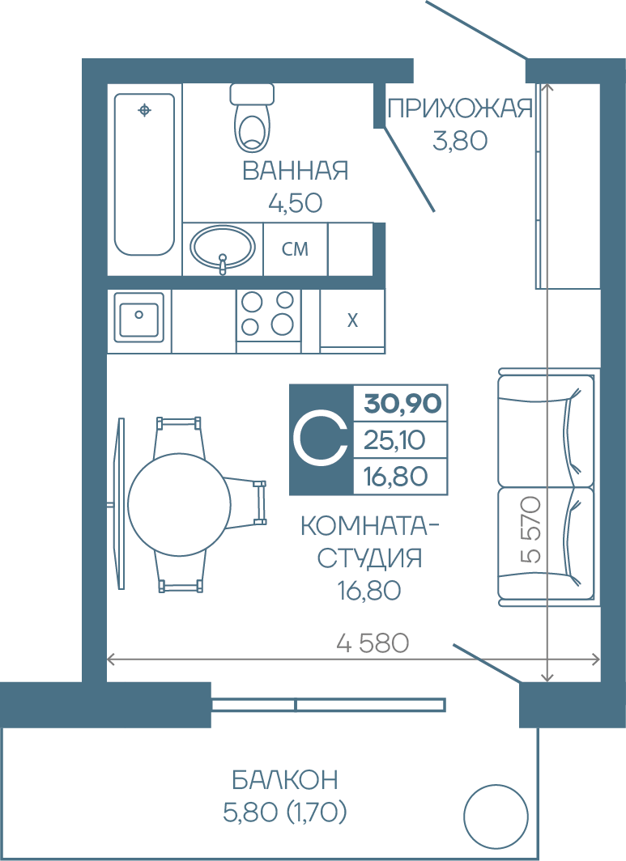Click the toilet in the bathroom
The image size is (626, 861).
(x=253, y=117)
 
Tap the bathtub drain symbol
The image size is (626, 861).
(x=144, y=110)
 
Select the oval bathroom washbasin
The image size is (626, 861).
(x=223, y=248)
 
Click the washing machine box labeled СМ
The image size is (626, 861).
(x=295, y=248)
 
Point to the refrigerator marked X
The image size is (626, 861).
(x=352, y=320)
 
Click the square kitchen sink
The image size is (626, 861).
(x=139, y=316)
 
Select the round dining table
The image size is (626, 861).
(x=179, y=503)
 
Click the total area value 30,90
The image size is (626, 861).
(x=402, y=404)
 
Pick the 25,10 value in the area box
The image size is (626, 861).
(x=394, y=440)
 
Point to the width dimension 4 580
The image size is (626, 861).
(x=373, y=643)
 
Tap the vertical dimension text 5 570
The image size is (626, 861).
(x=531, y=530)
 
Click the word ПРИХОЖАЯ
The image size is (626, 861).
(x=460, y=108)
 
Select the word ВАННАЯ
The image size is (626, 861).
(x=295, y=171)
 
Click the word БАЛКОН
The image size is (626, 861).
(x=285, y=780)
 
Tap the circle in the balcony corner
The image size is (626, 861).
(x=496, y=816)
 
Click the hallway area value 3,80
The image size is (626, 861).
(x=460, y=141)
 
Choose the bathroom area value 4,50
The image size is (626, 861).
(x=295, y=203)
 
